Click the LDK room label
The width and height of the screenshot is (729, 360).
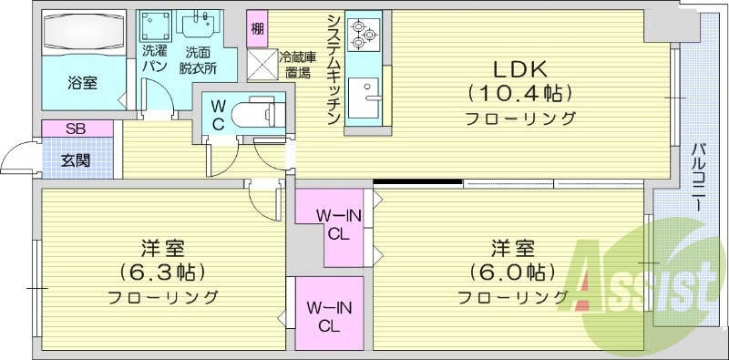[x=519, y=69]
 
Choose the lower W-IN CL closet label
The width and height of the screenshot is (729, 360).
[x=324, y=314]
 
